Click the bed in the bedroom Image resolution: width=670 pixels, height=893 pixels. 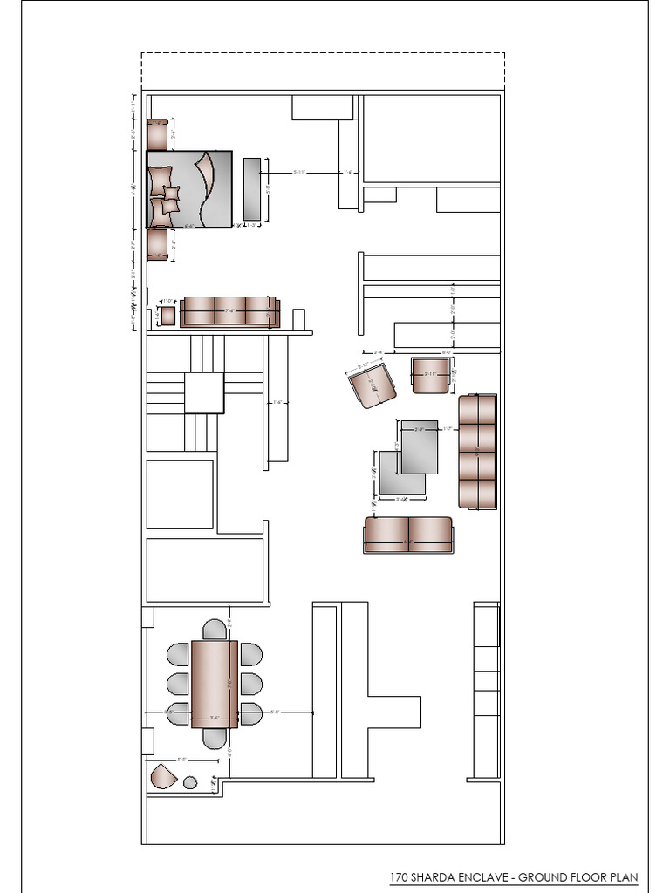coord(189,189)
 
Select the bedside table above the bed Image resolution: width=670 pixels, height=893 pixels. coord(157,134)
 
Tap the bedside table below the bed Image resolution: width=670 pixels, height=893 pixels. coord(157,244)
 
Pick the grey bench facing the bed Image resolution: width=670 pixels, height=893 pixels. coord(252,189)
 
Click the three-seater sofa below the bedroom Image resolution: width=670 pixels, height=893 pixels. coord(229,311)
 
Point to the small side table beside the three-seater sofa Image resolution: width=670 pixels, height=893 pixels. coord(167,315)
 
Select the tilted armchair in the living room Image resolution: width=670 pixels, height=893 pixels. coord(373,386)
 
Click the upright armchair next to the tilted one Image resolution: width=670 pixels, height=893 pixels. coord(429,375)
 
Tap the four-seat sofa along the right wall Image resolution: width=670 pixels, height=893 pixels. coord(477,451)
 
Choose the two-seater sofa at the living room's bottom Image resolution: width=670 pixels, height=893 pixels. coord(408,535)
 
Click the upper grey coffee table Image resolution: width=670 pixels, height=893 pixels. coord(420,446)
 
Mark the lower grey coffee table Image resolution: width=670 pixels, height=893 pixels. coord(401,474)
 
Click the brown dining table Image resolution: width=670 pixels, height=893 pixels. coord(215,684)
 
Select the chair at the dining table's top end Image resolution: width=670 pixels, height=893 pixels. coord(215,629)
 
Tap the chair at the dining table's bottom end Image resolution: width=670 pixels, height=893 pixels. coord(215,739)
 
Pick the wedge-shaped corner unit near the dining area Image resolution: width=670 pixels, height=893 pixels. coord(162,776)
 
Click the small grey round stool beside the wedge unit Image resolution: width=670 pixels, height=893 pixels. coord(190,783)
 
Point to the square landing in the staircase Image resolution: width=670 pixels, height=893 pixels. coord(204,393)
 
